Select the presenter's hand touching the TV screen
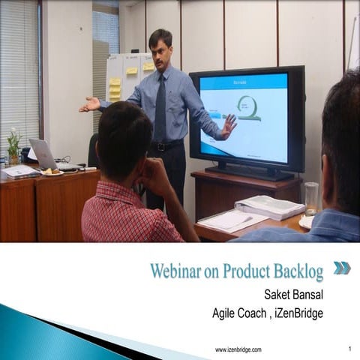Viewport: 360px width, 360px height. click(x=227, y=126)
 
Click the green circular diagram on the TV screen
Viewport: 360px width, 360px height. click(x=247, y=106)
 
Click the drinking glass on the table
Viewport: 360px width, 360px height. click(x=311, y=198)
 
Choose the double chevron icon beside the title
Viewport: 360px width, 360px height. click(x=342, y=268)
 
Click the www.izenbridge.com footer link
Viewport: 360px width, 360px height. click(x=238, y=349)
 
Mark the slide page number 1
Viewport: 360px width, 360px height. click(x=349, y=349)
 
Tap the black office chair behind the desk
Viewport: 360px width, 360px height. click(x=93, y=150)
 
